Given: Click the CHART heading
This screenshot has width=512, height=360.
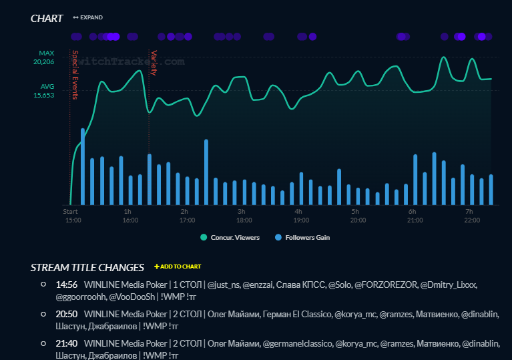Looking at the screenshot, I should click(x=47, y=18).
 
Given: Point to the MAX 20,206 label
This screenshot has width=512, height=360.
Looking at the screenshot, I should click(x=46, y=57).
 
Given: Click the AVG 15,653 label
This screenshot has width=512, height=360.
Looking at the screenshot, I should click(x=44, y=91).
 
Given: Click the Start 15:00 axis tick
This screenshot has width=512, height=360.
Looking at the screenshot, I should click(x=72, y=215).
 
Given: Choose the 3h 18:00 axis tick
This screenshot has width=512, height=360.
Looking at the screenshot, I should click(x=244, y=215).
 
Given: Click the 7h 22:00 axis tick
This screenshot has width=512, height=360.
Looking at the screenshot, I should click(x=471, y=215).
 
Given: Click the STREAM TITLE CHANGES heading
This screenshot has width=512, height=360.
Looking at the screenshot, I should click(x=87, y=267).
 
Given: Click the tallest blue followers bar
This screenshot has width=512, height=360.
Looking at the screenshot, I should click(x=83, y=166).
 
